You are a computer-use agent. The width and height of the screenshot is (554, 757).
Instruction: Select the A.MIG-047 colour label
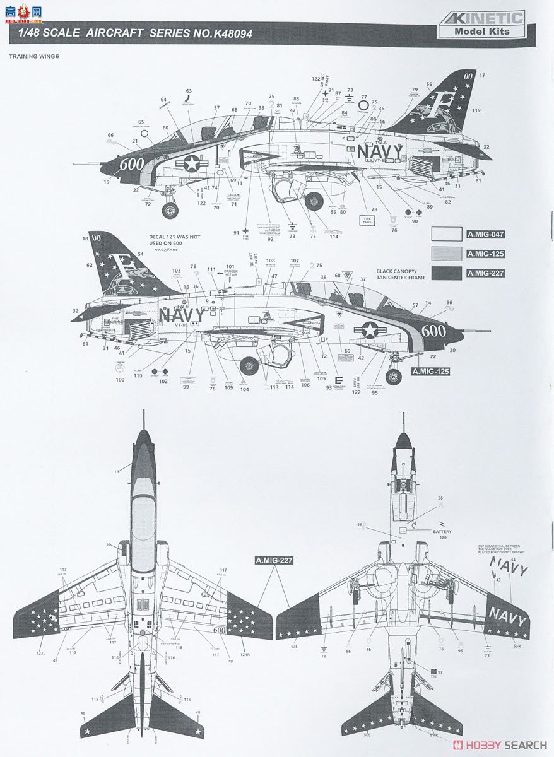click(x=485, y=235)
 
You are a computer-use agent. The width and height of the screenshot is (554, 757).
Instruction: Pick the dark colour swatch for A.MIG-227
click(x=447, y=273)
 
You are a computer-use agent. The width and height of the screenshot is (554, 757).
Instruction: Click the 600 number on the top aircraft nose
click(x=132, y=163)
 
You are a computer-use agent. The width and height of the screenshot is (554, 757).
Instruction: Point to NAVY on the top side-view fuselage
click(x=379, y=152)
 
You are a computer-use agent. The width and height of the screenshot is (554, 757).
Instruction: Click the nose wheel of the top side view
click(x=170, y=210)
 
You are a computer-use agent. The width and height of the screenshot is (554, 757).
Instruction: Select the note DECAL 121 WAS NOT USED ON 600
click(x=175, y=239)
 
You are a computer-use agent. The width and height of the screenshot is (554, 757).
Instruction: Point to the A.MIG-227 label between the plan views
click(x=274, y=560)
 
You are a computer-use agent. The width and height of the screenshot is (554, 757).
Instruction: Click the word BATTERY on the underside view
click(x=442, y=532)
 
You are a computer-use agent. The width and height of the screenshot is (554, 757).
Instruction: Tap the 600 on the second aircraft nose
click(x=433, y=331)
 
